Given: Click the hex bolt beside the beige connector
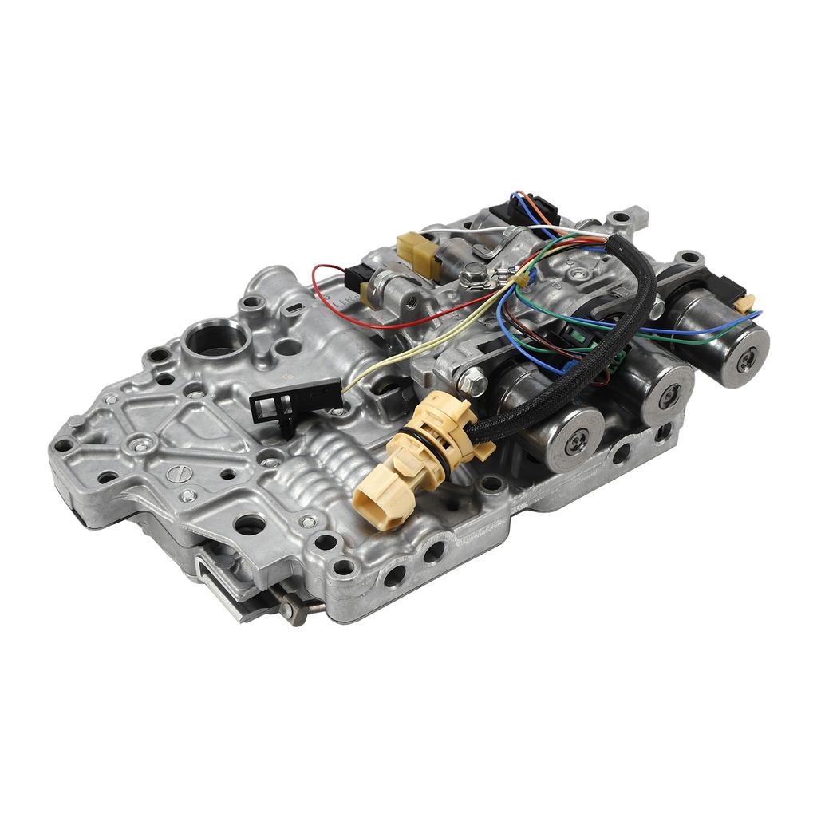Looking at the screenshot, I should pyautogui.click(x=472, y=381).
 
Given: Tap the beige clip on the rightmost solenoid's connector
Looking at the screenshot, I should pyautogui.click(x=744, y=302).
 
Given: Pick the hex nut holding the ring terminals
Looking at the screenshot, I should pyautogui.click(x=472, y=277).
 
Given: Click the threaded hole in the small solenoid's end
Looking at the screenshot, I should pyautogui.click(x=408, y=298).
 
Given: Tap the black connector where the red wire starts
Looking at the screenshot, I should pyautogui.click(x=355, y=278).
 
